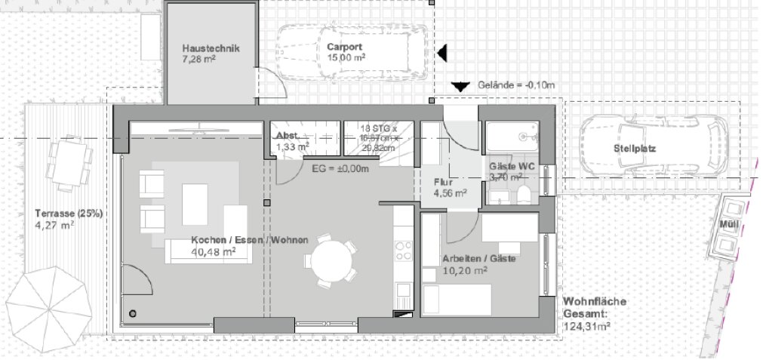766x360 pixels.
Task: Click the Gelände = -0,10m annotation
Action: point(516,85)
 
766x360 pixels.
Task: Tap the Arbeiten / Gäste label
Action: point(478,258)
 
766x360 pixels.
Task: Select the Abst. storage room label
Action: point(288,136)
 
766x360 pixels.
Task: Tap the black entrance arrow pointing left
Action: point(444,52)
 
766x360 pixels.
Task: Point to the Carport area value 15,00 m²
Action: point(346,57)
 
